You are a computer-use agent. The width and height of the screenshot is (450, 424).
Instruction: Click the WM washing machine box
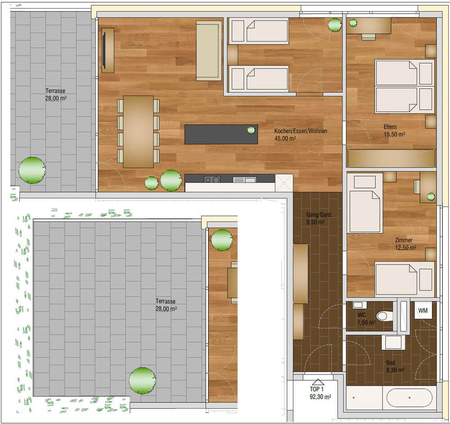[x=423, y=310]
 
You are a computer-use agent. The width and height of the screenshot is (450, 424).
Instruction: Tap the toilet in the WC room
[x=384, y=316]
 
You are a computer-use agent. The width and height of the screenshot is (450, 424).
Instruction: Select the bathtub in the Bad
[x=409, y=398]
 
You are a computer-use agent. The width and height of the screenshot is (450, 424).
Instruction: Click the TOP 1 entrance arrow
[x=317, y=382]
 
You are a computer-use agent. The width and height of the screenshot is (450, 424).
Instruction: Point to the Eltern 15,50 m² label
[x=394, y=131]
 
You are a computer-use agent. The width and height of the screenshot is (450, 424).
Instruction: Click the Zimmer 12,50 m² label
[x=405, y=244]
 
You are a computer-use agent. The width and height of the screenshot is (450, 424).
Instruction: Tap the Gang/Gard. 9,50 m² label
[x=319, y=218]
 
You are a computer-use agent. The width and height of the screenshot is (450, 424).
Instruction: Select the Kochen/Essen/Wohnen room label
[x=301, y=135]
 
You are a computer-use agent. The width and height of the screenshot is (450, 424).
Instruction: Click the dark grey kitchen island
[x=221, y=134]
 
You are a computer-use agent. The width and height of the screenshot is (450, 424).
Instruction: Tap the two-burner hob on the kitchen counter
[x=212, y=179]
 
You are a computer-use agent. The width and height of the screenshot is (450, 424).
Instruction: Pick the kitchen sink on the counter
[x=244, y=180]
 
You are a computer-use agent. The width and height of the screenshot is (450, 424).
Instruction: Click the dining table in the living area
[x=138, y=132]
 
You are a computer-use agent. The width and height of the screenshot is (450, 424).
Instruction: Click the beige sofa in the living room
[x=209, y=50]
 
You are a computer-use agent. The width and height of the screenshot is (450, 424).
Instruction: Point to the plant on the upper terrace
[x=32, y=170]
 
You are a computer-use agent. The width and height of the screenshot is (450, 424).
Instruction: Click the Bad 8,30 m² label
[x=395, y=366]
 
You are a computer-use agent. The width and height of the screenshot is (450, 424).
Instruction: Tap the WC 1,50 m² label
[x=366, y=319]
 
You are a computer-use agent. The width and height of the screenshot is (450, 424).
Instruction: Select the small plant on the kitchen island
[x=251, y=130]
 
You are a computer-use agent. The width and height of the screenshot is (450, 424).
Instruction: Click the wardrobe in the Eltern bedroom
[x=391, y=158]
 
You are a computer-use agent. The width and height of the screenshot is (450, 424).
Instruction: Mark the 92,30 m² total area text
[x=320, y=397]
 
